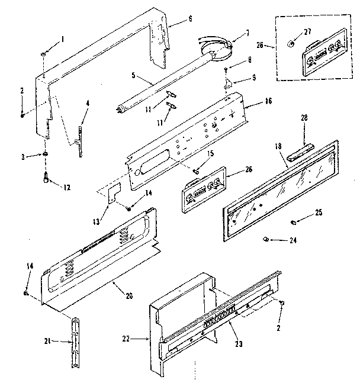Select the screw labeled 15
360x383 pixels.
point(195,170)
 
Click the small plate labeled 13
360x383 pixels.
point(113,195)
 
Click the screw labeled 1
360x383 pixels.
point(44,54)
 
